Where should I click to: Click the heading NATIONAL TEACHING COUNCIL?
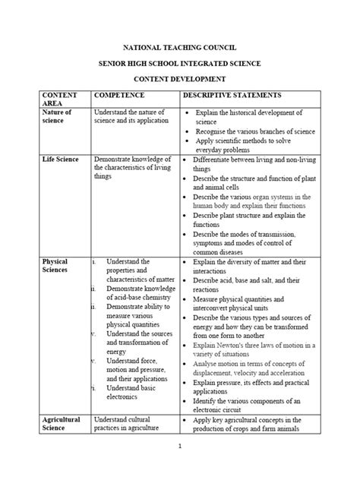(x=180, y=46)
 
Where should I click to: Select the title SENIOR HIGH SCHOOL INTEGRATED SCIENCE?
(x=180, y=62)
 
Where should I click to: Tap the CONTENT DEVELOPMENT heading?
(x=180, y=79)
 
